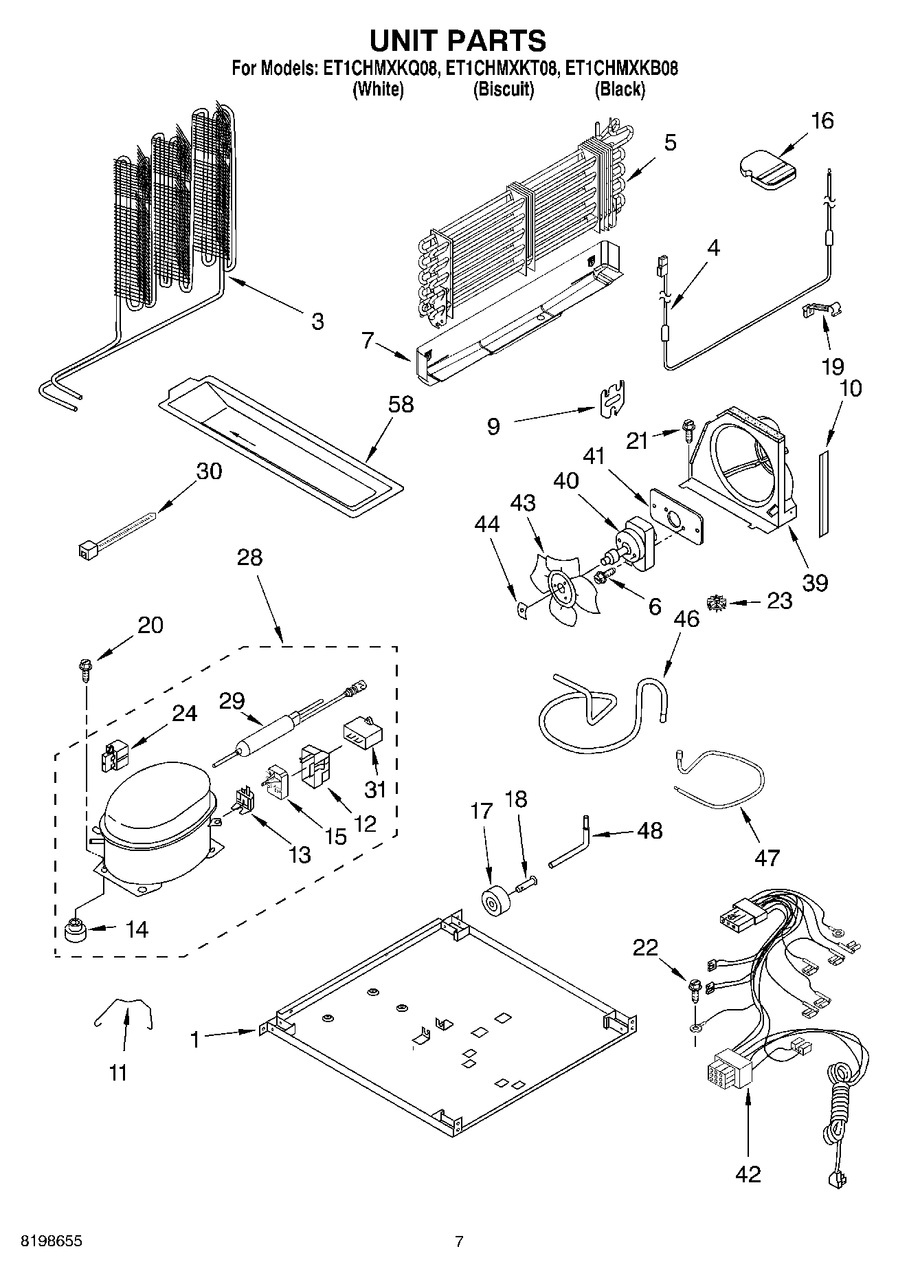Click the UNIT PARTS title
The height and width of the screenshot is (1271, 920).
click(458, 41)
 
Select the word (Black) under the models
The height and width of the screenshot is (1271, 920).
click(620, 89)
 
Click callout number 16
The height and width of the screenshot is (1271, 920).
click(822, 122)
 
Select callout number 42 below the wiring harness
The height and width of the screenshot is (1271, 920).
click(748, 1174)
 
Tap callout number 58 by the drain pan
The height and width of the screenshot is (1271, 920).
click(401, 405)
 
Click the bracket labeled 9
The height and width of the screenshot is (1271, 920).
click(610, 401)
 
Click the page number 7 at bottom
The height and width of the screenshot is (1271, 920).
click(459, 1241)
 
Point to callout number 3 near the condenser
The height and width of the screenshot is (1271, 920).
click(317, 321)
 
